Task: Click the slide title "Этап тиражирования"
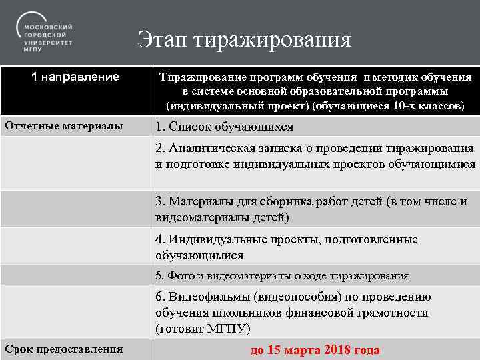[244, 39]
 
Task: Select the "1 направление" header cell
[75, 77]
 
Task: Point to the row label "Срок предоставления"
[64, 349]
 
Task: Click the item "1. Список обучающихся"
[224, 127]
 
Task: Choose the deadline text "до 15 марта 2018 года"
[315, 350]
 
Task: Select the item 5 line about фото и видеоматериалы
[281, 275]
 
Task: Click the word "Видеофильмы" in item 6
[205, 297]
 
